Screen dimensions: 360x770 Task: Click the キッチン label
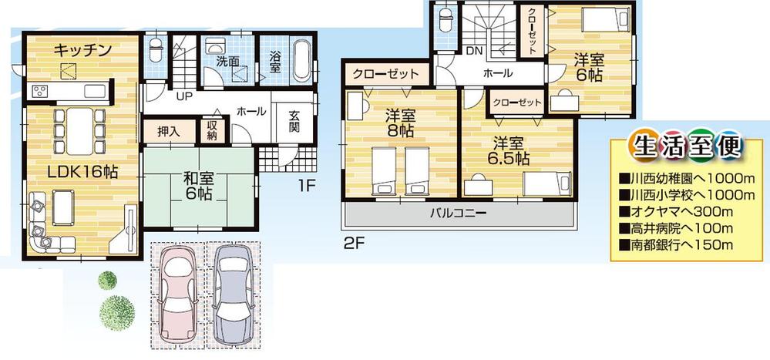click(83, 51)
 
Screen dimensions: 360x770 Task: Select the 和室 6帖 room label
click(198, 186)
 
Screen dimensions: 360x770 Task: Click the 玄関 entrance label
click(294, 121)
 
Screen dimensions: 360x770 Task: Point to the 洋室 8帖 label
click(400, 124)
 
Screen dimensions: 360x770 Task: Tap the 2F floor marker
click(353, 242)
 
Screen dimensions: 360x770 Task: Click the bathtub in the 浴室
click(301, 58)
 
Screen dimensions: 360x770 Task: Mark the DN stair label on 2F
click(475, 51)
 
